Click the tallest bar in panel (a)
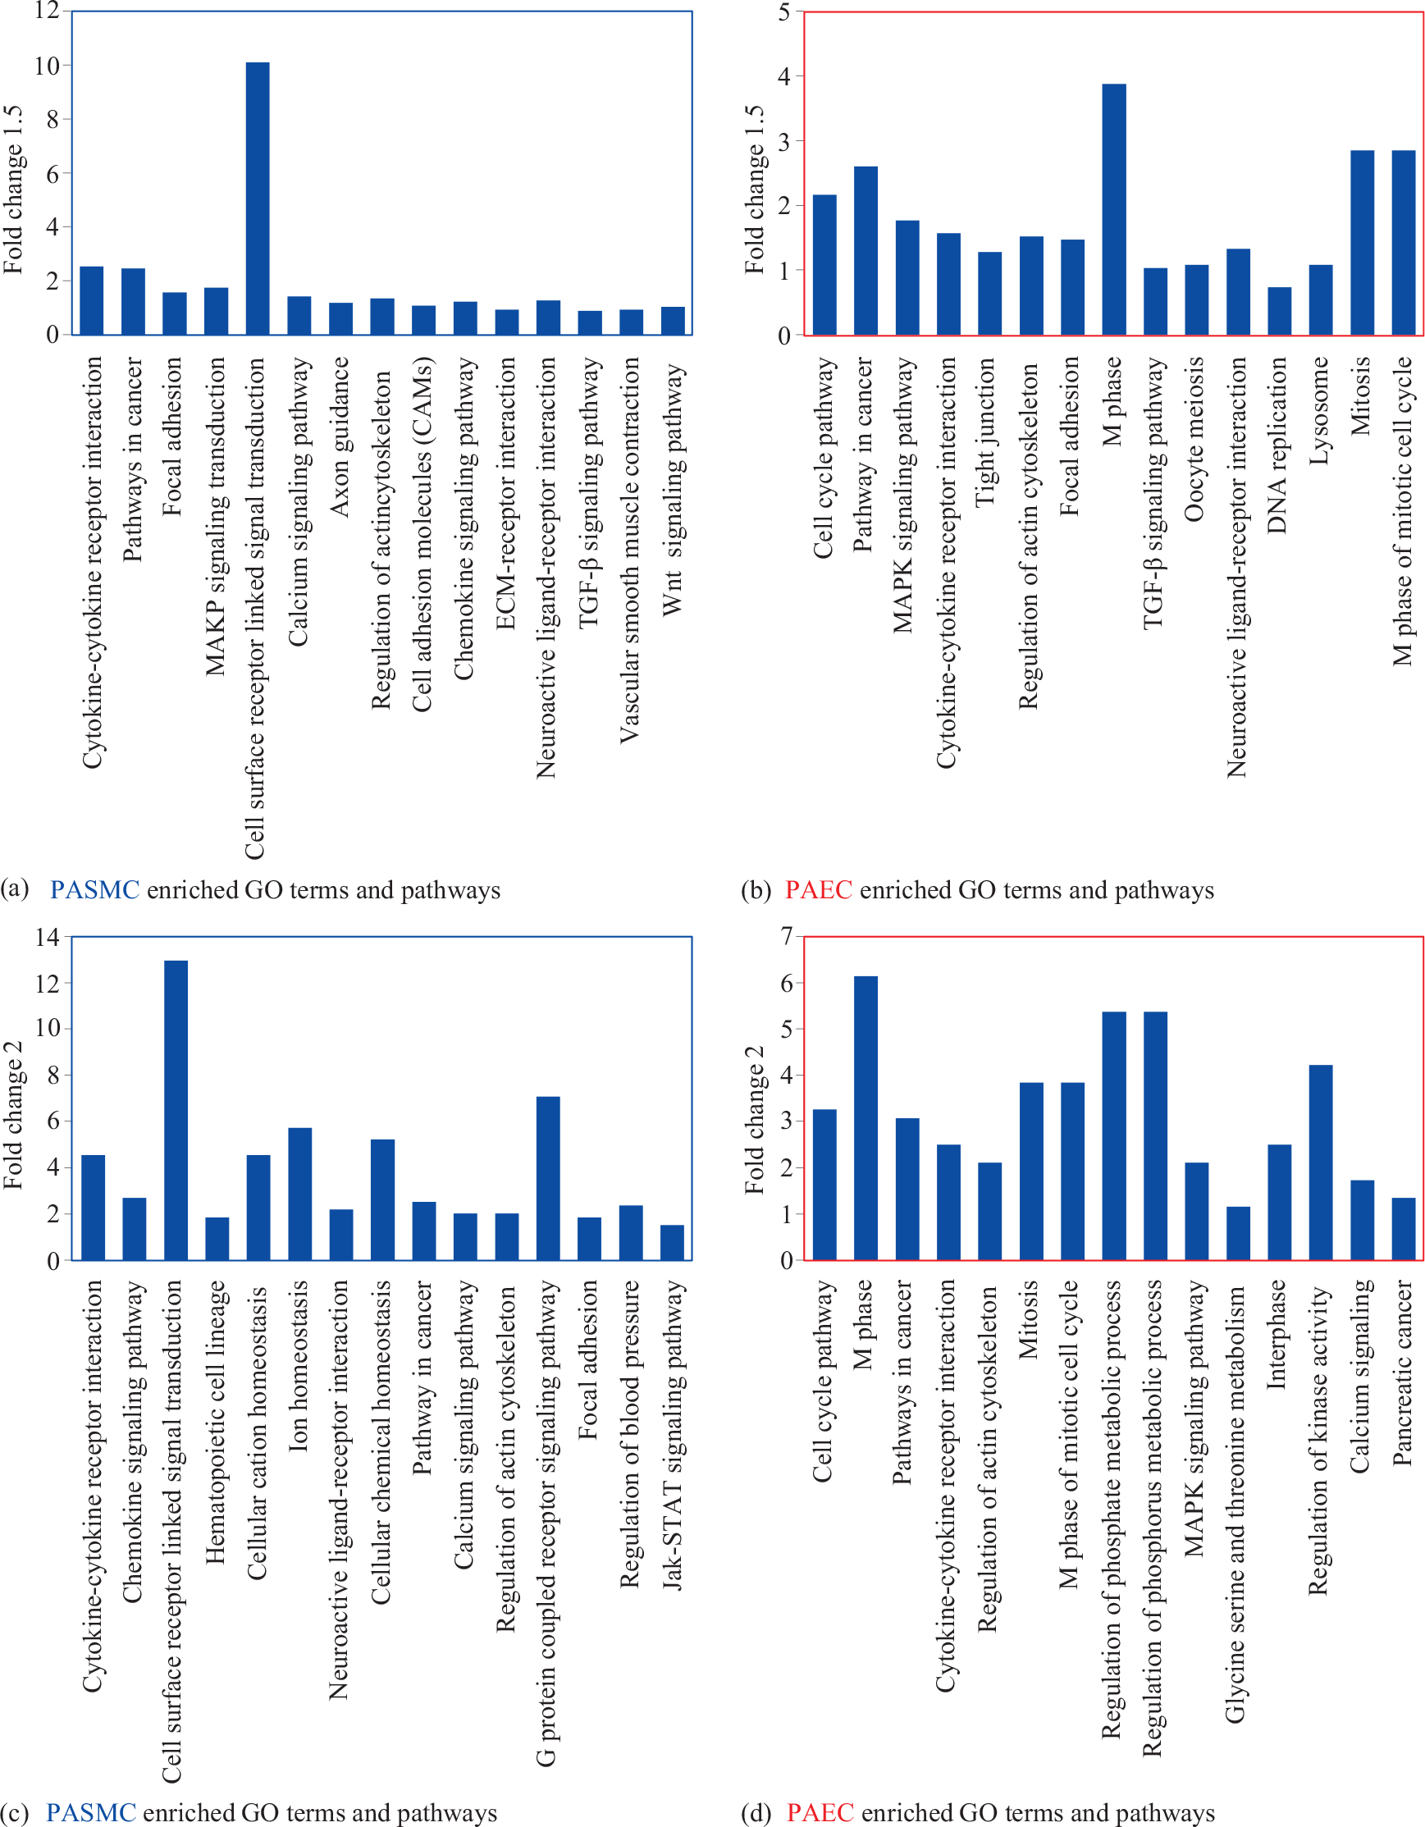(258, 199)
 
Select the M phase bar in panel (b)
(1114, 209)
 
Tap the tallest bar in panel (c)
(176, 1110)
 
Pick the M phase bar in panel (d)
(866, 1117)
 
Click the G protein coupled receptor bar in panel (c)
(548, 1178)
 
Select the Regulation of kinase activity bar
(1321, 1162)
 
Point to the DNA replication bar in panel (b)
(1280, 311)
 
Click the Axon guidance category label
(340, 437)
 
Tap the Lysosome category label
(1319, 411)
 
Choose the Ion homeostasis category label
(299, 1365)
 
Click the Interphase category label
(1277, 1335)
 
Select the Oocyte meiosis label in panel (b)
(1195, 440)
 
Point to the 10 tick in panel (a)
(48, 66)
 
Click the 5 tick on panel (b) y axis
(784, 11)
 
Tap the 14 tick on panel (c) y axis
(48, 937)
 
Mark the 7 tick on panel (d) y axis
(786, 937)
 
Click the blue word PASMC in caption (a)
(94, 889)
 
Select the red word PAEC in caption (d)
(820, 1812)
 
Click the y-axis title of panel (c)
(13, 1115)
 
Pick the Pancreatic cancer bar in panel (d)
(1403, 1229)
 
